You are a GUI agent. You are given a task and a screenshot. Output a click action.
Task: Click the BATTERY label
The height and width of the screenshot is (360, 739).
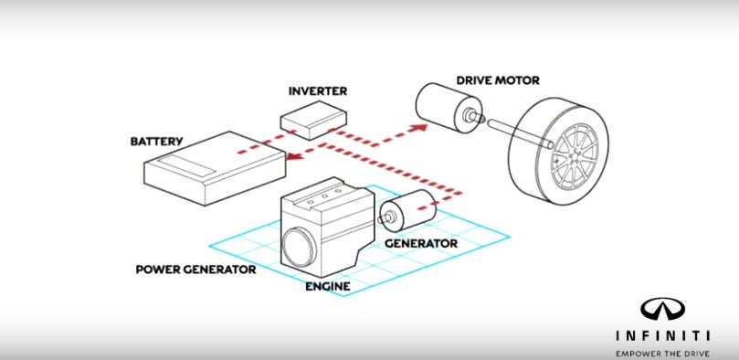point(157,142)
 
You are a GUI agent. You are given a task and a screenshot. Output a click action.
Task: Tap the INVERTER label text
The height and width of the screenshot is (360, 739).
point(318,91)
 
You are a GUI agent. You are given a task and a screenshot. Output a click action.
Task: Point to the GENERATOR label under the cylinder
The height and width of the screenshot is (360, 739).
point(421,244)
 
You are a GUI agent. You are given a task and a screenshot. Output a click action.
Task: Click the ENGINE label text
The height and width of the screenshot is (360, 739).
point(327,285)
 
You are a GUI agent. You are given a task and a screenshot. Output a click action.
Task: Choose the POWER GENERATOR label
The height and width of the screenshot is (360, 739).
point(195,270)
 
